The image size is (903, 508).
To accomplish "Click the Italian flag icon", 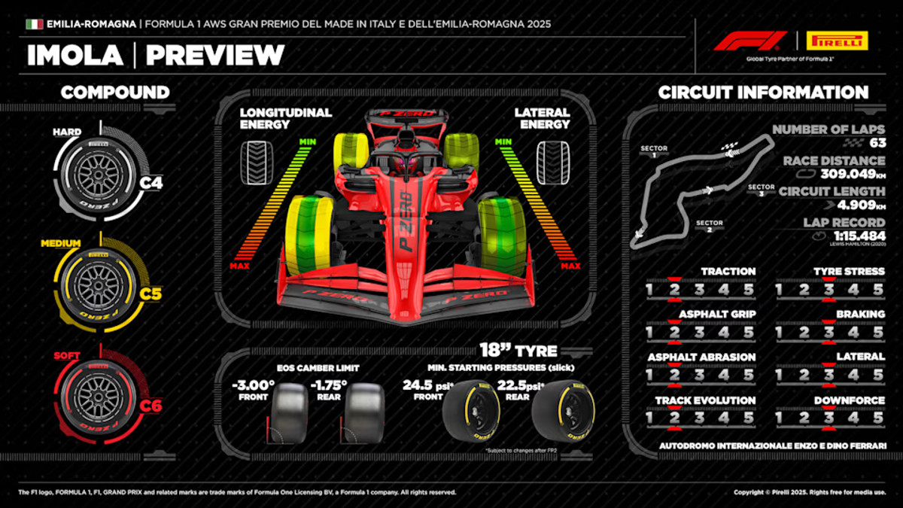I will [34, 24].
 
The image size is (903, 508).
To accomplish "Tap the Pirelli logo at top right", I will [835, 41].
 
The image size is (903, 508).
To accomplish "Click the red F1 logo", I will [749, 41].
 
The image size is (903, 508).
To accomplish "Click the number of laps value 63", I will [876, 142].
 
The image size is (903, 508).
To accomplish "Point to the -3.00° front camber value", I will [254, 385].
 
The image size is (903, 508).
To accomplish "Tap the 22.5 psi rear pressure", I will [514, 385].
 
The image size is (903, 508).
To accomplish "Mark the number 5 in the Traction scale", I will [749, 289].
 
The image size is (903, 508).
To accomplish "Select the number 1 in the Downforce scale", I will [779, 417].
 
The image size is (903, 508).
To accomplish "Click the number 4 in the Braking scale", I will [853, 332].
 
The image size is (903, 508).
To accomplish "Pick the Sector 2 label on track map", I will [709, 227].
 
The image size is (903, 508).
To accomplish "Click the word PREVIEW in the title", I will [215, 55].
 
